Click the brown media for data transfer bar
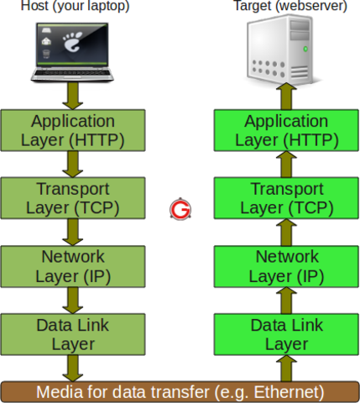point(180,391)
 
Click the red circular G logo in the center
point(179,209)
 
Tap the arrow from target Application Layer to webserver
point(286,95)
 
